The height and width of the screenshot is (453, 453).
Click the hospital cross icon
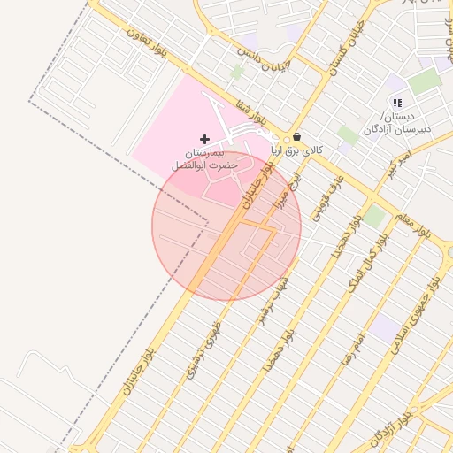coord(205,139)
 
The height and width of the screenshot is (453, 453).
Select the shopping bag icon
coord(296,137)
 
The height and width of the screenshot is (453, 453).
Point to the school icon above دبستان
coord(397,104)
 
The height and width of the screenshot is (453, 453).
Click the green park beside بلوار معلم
coord(375,217)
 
